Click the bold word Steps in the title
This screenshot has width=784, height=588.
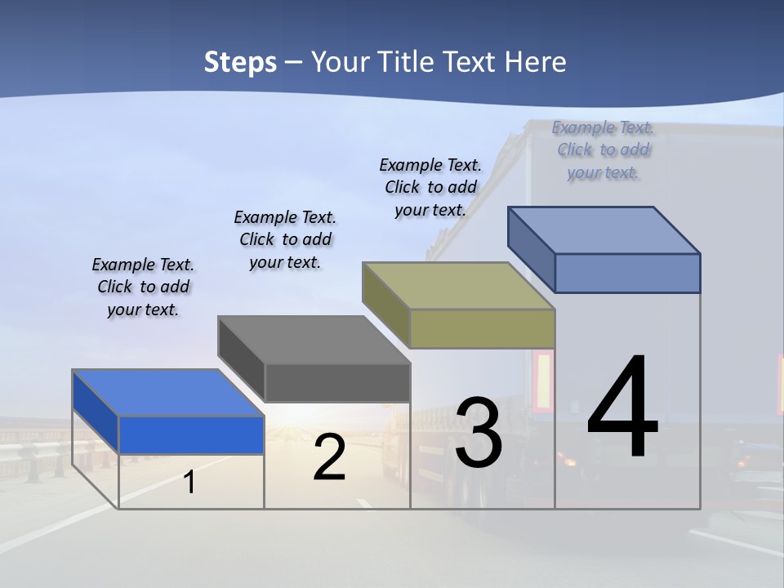[x=240, y=62]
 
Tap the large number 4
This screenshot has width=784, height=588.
[x=622, y=406]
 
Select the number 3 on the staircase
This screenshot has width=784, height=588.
[x=478, y=433]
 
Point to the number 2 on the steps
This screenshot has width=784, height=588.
[x=329, y=458]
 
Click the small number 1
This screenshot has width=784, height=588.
[x=189, y=482]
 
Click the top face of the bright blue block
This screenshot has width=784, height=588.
[x=167, y=393]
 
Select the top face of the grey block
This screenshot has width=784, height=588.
[x=314, y=340]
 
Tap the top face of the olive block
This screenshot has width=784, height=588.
[x=458, y=286]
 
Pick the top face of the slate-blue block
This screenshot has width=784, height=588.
[x=604, y=230]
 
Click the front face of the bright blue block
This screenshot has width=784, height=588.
[x=191, y=434]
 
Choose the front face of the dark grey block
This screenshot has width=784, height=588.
[x=337, y=382]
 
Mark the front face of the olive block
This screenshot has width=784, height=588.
[x=482, y=328]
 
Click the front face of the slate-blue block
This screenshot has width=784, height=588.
[x=627, y=273]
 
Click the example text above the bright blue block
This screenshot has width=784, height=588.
[x=143, y=287]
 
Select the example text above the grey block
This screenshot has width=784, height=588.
[x=285, y=239]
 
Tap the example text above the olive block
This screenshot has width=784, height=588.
[x=430, y=187]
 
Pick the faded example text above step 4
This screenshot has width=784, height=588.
[x=604, y=149]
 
